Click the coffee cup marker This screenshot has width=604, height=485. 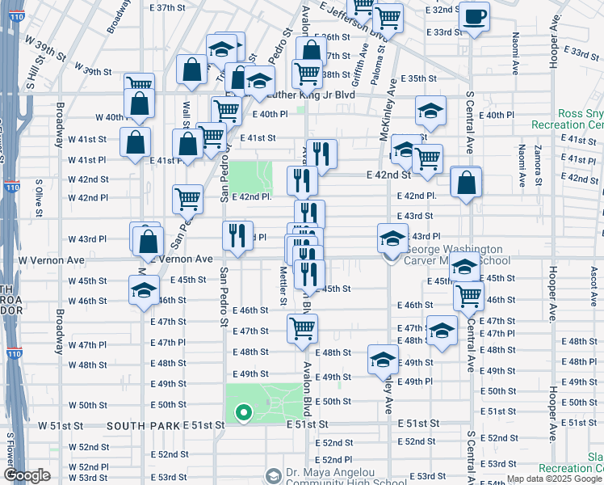click(x=473, y=17)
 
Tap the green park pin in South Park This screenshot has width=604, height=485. click(x=242, y=413)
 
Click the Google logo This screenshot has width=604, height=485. click(x=27, y=475)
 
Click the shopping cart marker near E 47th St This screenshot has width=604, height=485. click(x=302, y=328)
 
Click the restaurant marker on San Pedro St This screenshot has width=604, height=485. click(x=237, y=235)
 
